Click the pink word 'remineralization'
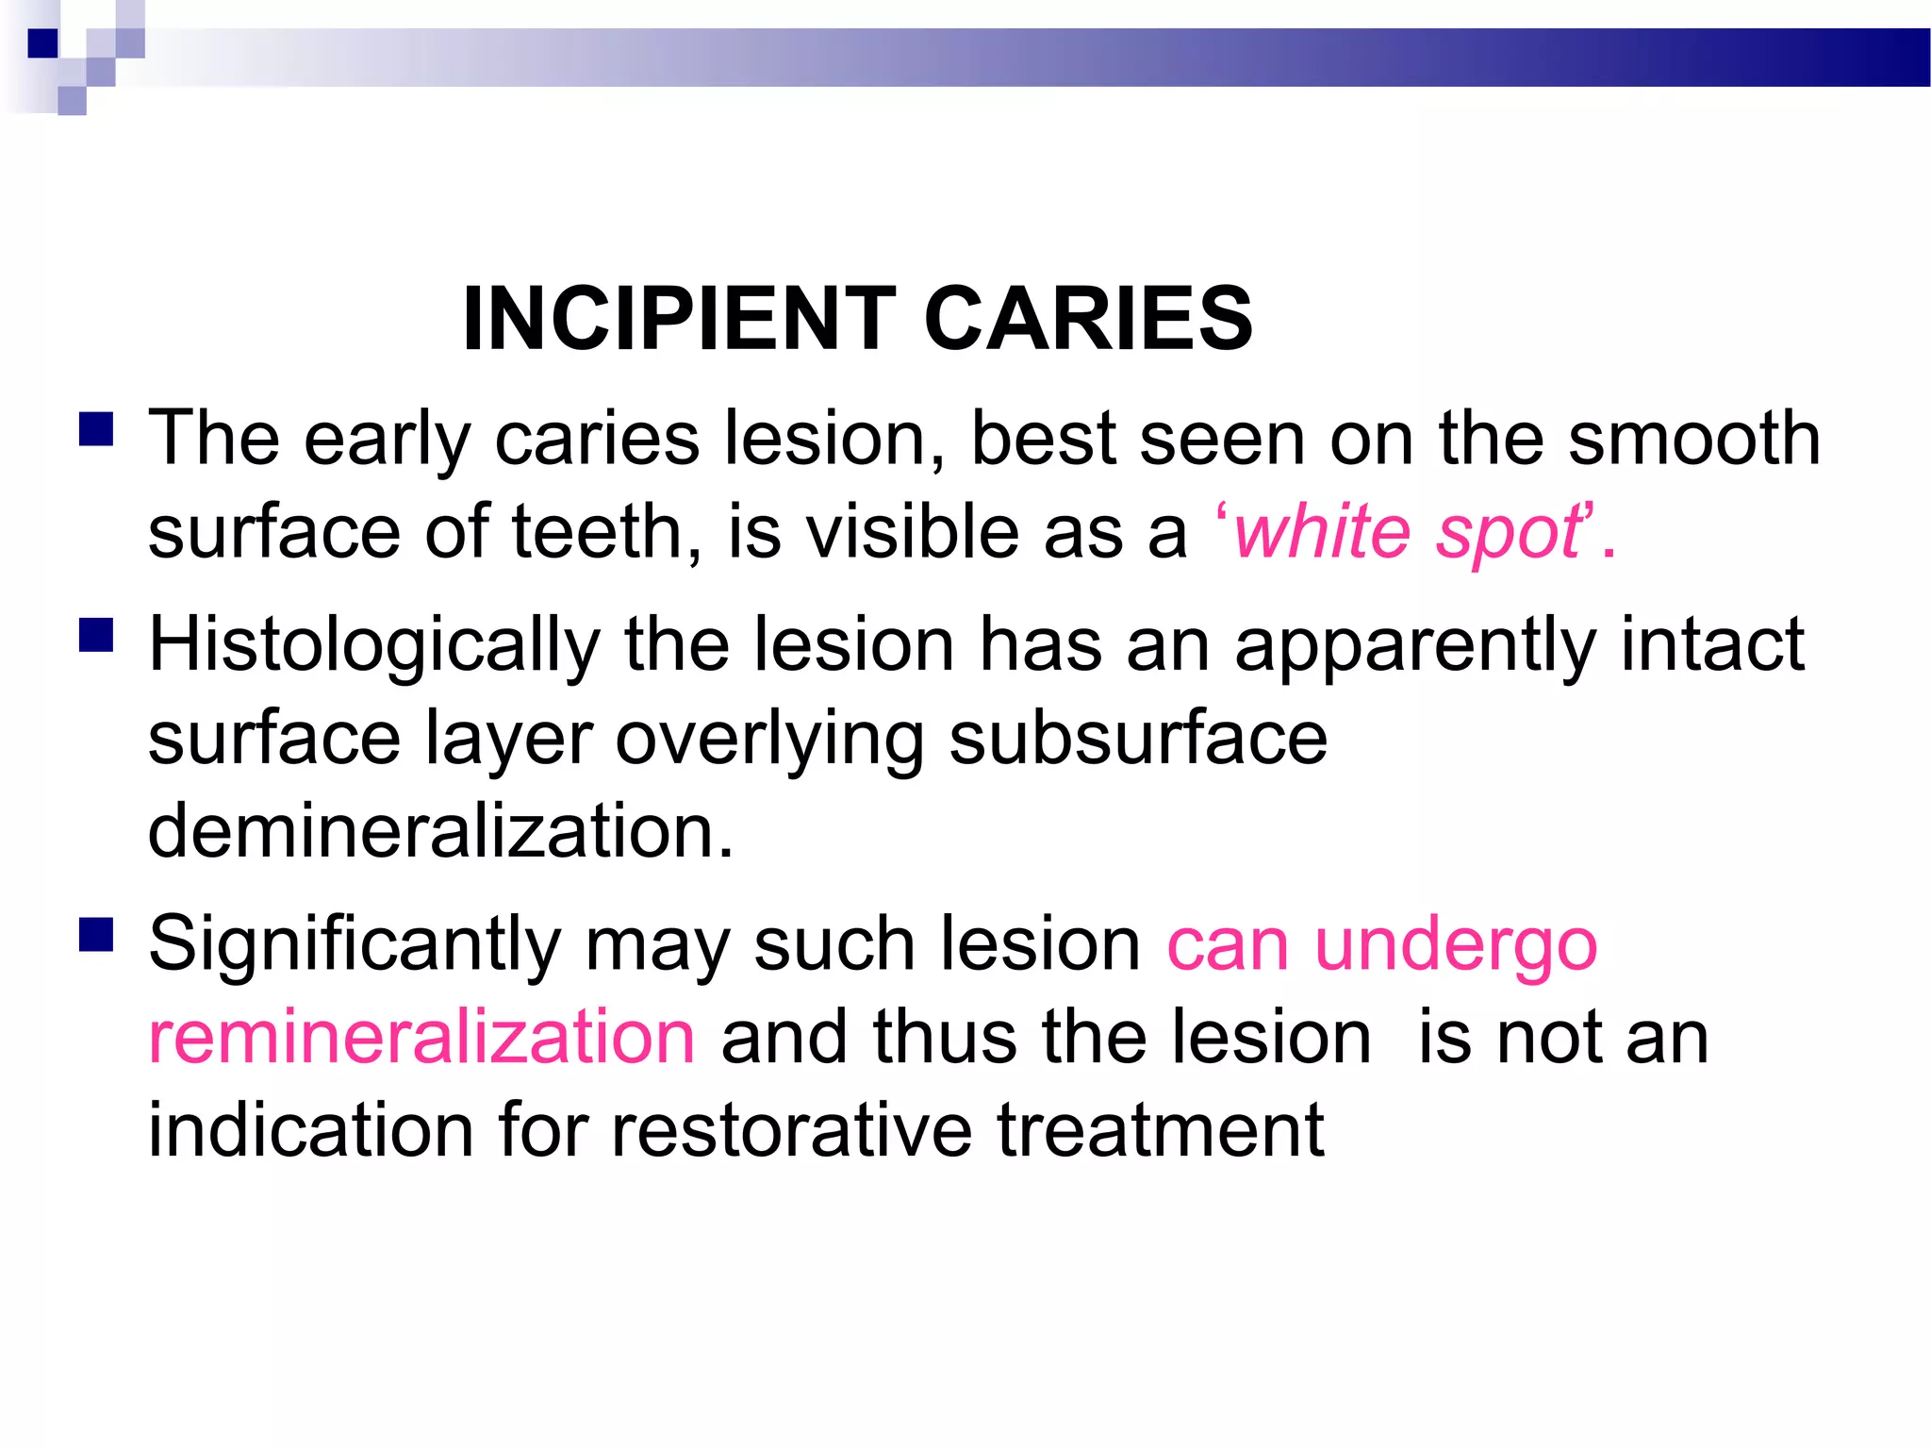[x=422, y=1037]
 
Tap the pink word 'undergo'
[x=1456, y=946]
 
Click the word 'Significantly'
[x=355, y=946]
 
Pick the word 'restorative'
[x=791, y=1130]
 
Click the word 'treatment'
[x=1161, y=1130]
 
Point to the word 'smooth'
[x=1693, y=439]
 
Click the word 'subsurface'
[x=1138, y=738]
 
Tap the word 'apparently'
[x=1415, y=646]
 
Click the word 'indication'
[x=311, y=1130]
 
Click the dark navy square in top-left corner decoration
[x=43, y=43]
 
